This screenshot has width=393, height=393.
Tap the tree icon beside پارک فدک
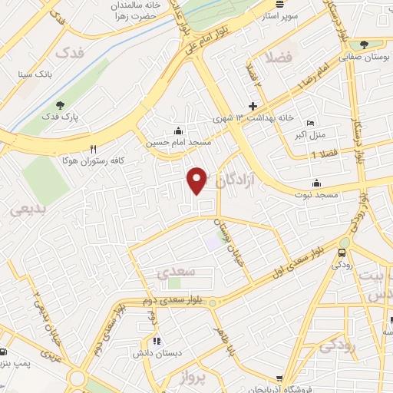pos(61,106)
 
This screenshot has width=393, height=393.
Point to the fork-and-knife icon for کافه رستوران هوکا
pos(94,149)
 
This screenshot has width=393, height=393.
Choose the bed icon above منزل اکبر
pos(310,123)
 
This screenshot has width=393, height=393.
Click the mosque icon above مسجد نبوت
pos(316,183)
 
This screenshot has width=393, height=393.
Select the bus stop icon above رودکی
pos(342,251)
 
